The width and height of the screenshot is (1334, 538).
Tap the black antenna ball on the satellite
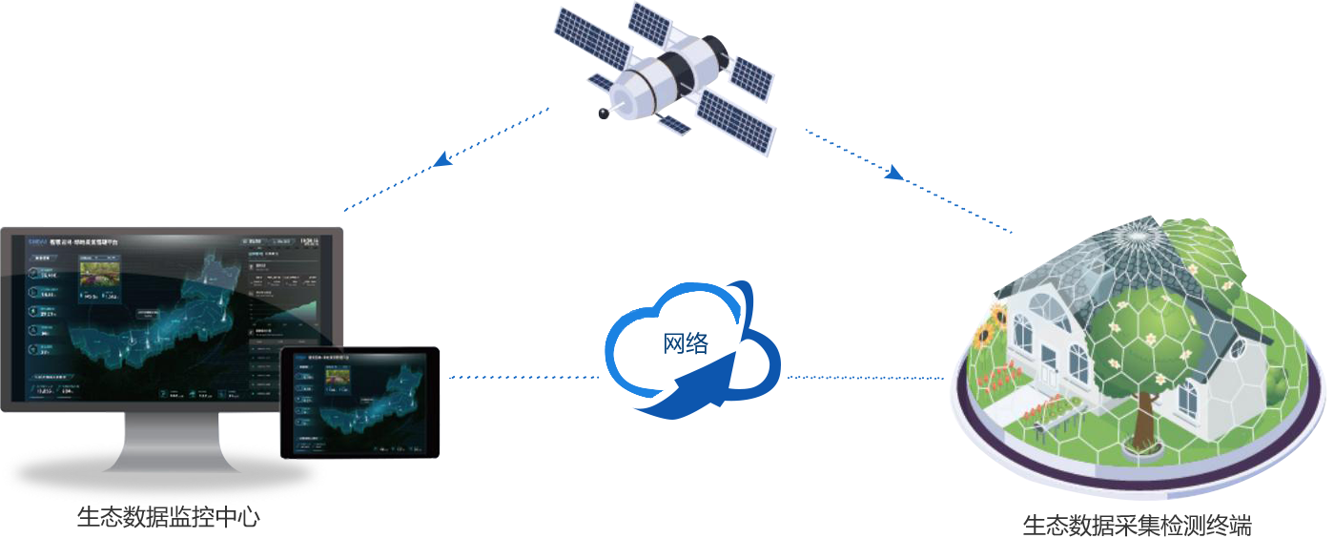coord(603,114)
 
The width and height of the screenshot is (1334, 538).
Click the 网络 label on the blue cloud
coord(687,343)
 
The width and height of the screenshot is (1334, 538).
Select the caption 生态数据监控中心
coord(168,517)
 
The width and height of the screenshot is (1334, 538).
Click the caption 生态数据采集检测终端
coord(1136,526)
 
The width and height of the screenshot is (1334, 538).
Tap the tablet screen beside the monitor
coord(360,403)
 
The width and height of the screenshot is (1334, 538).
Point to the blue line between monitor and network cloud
coord(523,377)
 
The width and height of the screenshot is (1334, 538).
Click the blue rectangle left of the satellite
coord(445,159)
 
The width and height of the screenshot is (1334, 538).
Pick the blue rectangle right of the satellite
coord(908,181)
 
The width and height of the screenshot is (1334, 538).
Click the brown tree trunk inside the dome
coord(1140,420)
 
